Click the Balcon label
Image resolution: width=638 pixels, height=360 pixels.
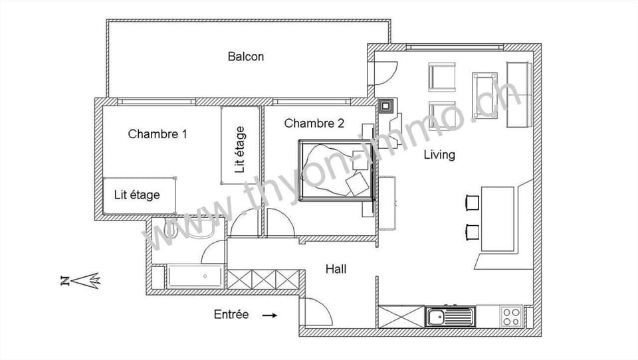pos(246,56)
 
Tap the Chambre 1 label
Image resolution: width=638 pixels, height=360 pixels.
pos(157,134)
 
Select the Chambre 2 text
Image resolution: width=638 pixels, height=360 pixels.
pos(314,123)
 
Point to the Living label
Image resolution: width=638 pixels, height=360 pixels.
pos(440,155)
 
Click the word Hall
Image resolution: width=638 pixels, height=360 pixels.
pos(336,269)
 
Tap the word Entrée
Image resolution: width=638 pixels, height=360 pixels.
pos(231,314)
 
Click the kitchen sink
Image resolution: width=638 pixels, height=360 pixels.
pos(450,317)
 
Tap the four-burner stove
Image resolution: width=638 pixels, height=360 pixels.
pos(510,317)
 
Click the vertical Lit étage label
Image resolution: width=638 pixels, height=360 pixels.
pos(240,149)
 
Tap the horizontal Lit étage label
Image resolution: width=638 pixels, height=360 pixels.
pos(137,195)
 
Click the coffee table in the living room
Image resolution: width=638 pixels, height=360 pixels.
pos(484,94)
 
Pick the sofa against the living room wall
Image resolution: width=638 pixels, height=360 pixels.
pos(519,94)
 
